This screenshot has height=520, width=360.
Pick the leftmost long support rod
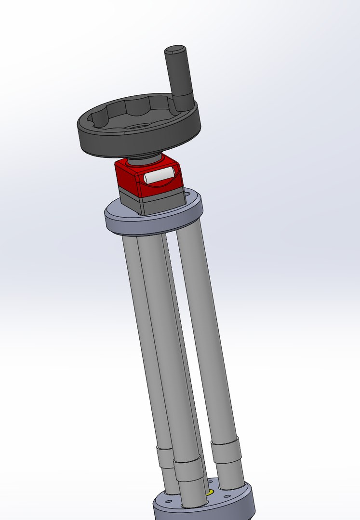pos(140,337)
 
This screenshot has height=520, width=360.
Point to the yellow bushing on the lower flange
pos(210,493)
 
